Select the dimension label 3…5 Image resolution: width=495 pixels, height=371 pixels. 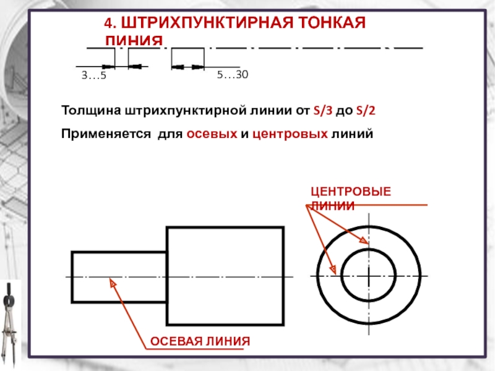point(94,75)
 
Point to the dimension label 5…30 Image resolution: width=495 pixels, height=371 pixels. point(232,75)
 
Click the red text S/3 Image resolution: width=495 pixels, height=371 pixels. point(323,112)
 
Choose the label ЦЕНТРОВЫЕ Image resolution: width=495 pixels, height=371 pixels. point(350,193)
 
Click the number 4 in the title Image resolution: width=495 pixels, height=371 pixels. point(108,23)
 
